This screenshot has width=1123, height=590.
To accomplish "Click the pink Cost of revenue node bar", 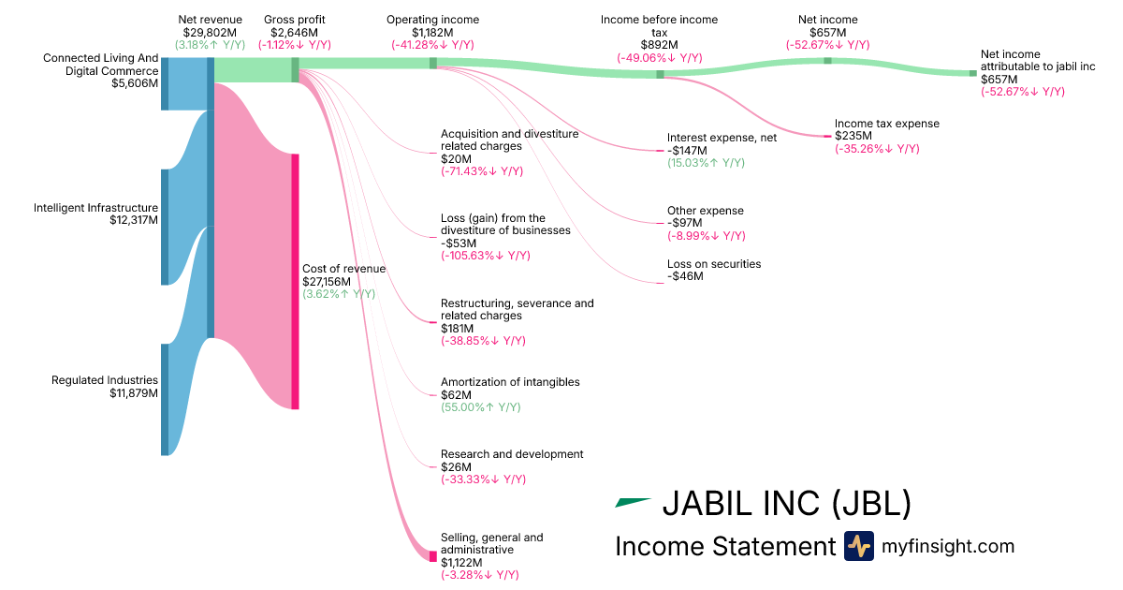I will click(x=295, y=281).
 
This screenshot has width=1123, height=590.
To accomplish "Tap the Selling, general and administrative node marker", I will click(x=433, y=556).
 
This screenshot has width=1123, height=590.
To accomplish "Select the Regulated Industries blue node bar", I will click(x=165, y=399).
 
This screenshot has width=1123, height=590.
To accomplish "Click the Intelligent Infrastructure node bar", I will click(x=165, y=227).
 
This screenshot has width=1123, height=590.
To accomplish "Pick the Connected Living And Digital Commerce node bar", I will click(x=165, y=83).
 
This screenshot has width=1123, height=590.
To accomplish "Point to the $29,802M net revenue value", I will click(x=210, y=32).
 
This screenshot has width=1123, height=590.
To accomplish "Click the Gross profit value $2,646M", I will click(x=295, y=32).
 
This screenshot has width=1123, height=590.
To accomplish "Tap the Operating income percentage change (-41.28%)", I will click(x=432, y=45).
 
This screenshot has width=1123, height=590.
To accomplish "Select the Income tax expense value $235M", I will click(x=851, y=136).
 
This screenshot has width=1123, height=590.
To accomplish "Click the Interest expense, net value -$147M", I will click(x=687, y=150).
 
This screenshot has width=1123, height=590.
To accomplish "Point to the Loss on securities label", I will click(x=714, y=264).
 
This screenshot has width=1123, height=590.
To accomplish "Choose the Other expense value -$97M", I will click(x=684, y=224).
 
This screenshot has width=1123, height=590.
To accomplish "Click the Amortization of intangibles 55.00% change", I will click(x=481, y=407).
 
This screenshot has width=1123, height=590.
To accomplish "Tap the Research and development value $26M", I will click(x=456, y=466).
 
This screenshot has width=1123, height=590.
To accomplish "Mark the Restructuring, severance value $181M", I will click(x=459, y=329).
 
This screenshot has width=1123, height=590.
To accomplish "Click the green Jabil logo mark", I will click(x=632, y=503).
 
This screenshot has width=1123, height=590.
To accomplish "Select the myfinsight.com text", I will click(x=948, y=546).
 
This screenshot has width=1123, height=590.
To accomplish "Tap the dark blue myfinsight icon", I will click(x=858, y=546).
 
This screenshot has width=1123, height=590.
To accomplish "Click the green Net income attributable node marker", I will click(x=973, y=73).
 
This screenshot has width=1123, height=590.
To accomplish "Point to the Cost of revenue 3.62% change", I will click(x=339, y=293).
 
